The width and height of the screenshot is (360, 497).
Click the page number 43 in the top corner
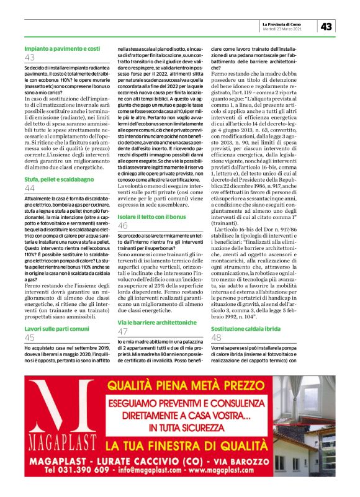point(327,27)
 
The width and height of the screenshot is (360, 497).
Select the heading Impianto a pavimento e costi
point(62,48)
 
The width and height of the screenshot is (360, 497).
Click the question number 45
point(30,337)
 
